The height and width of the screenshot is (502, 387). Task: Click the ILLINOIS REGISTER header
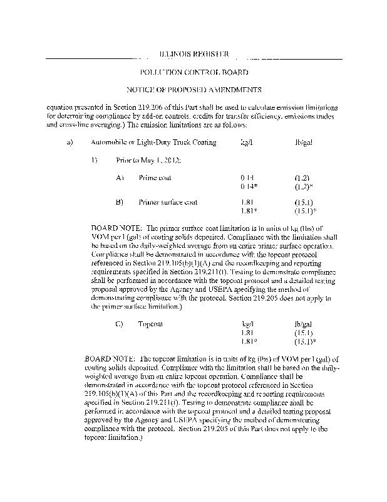(x=194, y=55)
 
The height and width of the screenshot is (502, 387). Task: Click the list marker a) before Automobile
(x=70, y=142)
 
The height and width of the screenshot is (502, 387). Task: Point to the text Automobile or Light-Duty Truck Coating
(x=153, y=142)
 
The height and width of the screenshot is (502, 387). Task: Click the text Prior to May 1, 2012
(x=148, y=160)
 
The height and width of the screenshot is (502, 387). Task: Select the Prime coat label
(x=155, y=178)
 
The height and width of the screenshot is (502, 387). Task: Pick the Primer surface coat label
(x=168, y=203)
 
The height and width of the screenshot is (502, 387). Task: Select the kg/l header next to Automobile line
(x=247, y=142)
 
